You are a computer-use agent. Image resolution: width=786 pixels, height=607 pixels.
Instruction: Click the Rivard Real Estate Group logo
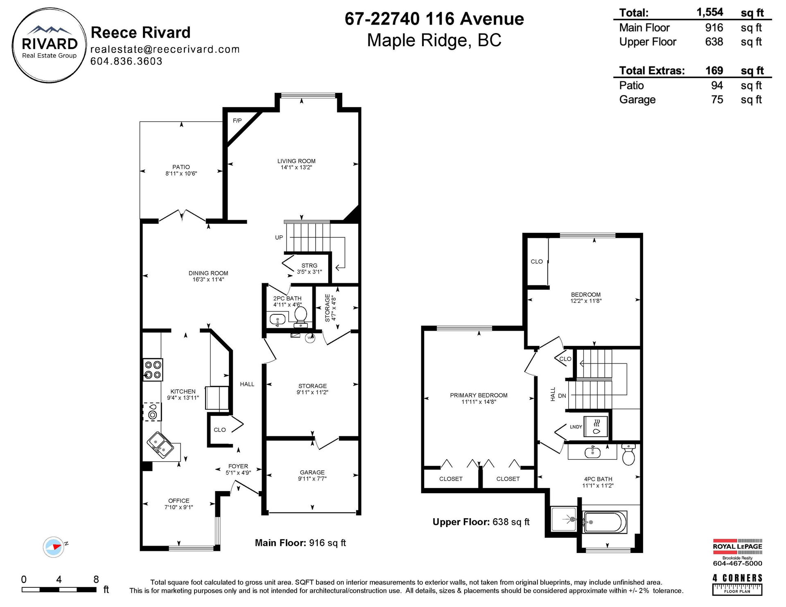click(x=49, y=45)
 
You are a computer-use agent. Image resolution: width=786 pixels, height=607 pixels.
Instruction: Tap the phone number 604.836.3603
click(x=126, y=61)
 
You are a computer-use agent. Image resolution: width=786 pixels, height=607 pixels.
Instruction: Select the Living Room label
click(x=296, y=161)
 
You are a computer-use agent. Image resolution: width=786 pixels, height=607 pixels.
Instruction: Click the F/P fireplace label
click(x=237, y=120)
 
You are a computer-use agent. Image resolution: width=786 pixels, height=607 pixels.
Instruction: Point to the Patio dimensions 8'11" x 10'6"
click(x=181, y=174)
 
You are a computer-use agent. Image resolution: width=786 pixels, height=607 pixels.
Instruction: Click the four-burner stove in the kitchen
click(x=153, y=370)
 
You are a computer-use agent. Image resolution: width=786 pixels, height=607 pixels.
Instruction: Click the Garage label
click(x=312, y=472)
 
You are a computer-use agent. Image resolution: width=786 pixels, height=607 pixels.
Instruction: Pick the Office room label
click(x=179, y=501)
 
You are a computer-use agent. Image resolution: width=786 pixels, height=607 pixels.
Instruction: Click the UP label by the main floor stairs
click(x=279, y=237)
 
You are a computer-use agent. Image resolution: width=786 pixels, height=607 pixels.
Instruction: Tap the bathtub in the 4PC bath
click(x=605, y=522)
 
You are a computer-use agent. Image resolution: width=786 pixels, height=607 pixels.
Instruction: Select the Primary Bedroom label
click(x=479, y=395)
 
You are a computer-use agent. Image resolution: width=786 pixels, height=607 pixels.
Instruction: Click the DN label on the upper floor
click(x=562, y=396)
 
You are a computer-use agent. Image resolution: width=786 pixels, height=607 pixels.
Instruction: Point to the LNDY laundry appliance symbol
click(x=596, y=426)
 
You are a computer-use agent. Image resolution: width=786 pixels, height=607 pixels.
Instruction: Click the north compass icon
click(x=54, y=547)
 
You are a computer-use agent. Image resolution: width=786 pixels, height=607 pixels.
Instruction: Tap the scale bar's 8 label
click(x=96, y=579)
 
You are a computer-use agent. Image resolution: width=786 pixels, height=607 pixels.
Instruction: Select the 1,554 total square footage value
click(x=710, y=12)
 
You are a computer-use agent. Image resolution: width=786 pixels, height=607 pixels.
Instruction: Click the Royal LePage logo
click(x=737, y=552)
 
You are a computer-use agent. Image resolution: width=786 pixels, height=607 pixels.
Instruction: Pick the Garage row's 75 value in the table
click(x=717, y=99)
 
